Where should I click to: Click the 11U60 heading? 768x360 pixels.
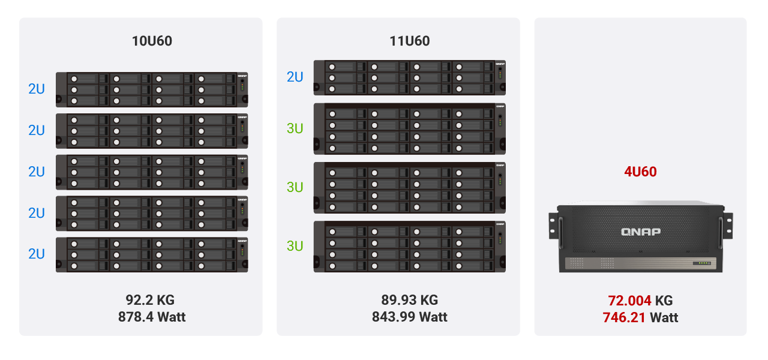[409, 41]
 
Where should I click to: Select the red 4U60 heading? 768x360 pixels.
[640, 172]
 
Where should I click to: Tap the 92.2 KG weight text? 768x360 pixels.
[150, 300]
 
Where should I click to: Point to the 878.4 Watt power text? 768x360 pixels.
[152, 317]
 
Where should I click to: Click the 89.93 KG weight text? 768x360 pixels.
[409, 300]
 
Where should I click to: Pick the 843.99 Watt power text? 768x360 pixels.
[409, 317]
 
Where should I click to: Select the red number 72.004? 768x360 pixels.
[629, 301]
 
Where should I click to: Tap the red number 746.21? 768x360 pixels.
[624, 317]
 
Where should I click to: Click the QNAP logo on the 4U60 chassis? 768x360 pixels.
[640, 232]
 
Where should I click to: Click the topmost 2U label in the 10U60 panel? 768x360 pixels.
[37, 89]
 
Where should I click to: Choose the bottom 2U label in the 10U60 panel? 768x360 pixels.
[37, 254]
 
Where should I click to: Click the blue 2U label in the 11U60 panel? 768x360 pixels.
[295, 77]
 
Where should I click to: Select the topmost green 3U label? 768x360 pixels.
[295, 128]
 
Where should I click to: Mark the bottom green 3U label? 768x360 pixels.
[295, 246]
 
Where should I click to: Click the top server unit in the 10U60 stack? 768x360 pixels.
[152, 89]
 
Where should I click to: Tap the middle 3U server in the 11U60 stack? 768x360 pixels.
[409, 187]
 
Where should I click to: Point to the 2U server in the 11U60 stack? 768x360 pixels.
[409, 77]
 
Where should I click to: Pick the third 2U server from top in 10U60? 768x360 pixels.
[152, 172]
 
